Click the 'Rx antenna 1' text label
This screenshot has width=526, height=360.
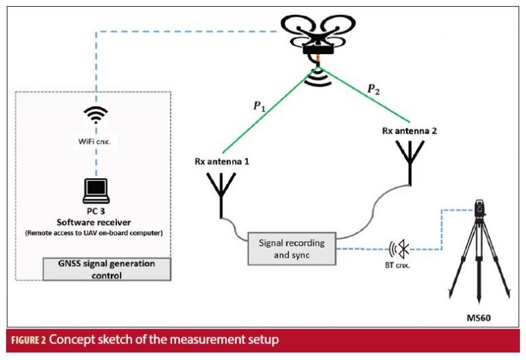[x=223, y=162]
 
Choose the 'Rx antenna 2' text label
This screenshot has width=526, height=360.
[x=410, y=130]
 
